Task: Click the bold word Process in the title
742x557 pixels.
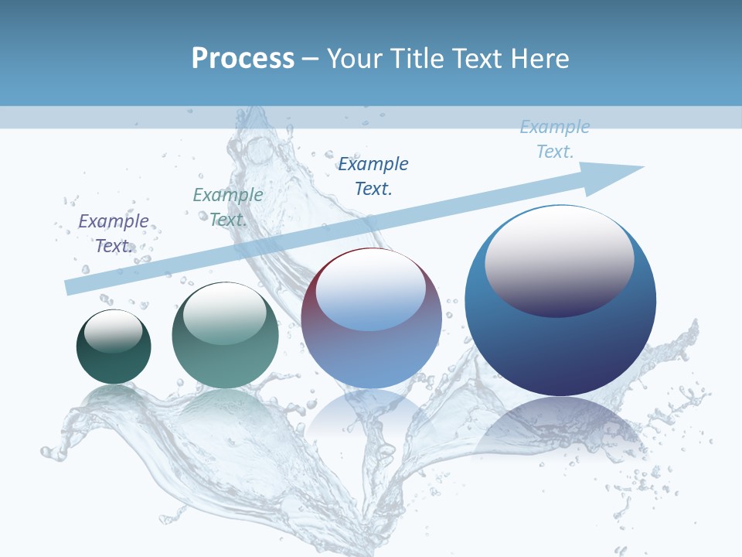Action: click(x=243, y=59)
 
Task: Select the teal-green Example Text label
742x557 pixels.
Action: click(x=228, y=207)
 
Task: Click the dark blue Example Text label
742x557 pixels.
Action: click(x=373, y=176)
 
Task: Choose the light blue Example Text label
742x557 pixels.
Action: click(x=555, y=139)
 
